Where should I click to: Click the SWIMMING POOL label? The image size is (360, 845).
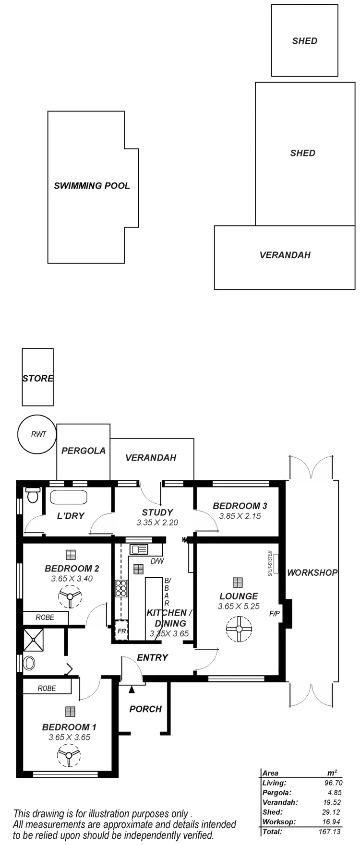[x=92, y=186]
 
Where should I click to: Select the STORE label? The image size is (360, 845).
[x=37, y=378]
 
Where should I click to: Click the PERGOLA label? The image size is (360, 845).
[x=84, y=451]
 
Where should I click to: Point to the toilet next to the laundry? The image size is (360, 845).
[x=33, y=496]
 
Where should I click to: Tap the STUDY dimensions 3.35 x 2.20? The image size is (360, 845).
[x=157, y=523]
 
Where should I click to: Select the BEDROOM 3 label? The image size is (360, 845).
[x=240, y=506]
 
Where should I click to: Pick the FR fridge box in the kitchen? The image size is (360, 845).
[x=122, y=631]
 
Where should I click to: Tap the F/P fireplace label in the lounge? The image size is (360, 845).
[x=274, y=614]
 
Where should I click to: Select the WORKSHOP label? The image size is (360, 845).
[x=312, y=572]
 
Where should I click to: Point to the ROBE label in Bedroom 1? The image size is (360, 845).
[x=47, y=688]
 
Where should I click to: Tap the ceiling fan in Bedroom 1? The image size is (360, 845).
[x=71, y=757]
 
